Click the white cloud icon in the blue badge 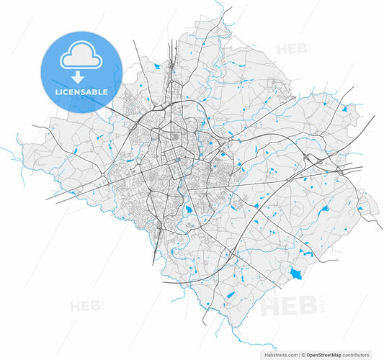click(81, 56)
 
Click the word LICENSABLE click(81, 92)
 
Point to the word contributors click(360, 354)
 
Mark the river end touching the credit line click(238, 348)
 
